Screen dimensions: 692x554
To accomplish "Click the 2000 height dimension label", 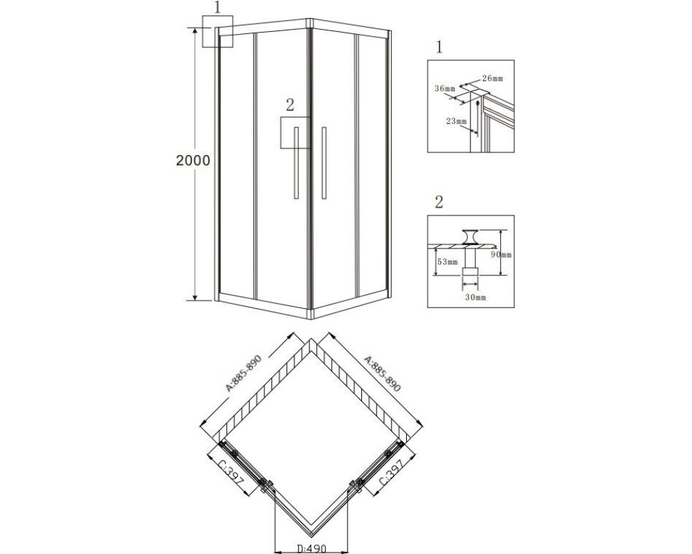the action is tap(193, 160).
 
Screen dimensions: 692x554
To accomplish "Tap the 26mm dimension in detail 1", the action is tap(492, 79).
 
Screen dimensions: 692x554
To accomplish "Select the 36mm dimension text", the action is tap(444, 89).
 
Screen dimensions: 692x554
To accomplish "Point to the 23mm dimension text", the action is tap(456, 121).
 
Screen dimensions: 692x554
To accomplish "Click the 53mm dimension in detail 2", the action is tap(448, 262).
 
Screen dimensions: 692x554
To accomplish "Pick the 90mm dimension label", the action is tap(501, 255).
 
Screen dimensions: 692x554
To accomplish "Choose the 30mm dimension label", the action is tap(475, 297).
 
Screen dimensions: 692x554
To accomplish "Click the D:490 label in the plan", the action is tap(311, 548).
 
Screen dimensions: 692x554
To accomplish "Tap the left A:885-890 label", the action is tap(244, 373).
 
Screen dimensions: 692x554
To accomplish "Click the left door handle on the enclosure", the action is tap(297, 163).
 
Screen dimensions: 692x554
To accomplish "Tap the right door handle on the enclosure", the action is tap(324, 163).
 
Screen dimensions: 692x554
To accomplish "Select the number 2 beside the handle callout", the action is tap(289, 105).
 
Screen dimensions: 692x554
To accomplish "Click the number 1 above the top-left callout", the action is tap(217, 8).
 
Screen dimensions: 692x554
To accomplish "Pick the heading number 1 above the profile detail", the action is tap(439, 47).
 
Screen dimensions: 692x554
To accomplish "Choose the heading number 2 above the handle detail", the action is tap(439, 202).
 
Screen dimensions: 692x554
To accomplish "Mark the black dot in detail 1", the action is tap(478, 103).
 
